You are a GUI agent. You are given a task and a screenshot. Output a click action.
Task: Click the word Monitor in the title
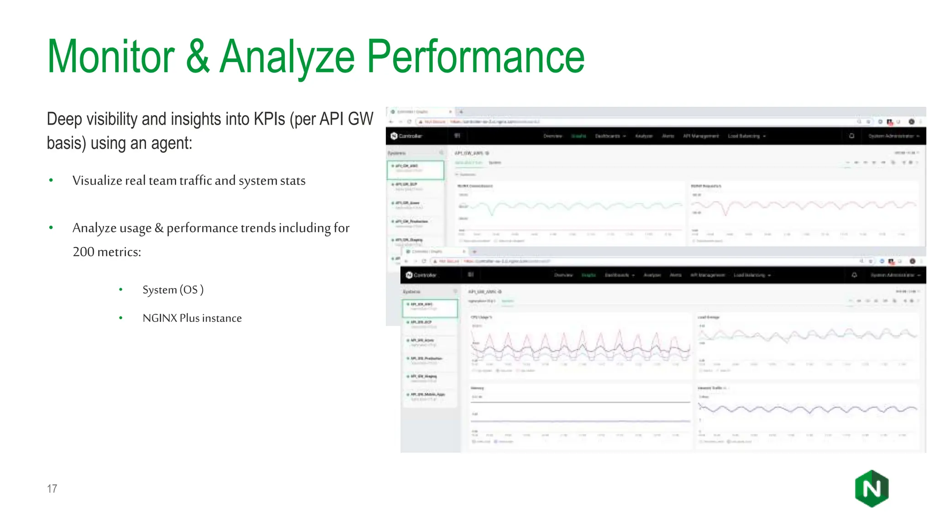tap(111, 57)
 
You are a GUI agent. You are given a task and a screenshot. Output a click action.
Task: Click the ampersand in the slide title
tap(198, 57)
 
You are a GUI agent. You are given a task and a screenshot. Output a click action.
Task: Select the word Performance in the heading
tap(475, 57)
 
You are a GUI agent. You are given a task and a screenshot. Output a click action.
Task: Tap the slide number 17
tap(52, 489)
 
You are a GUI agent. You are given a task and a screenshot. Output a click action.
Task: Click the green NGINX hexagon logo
tap(872, 489)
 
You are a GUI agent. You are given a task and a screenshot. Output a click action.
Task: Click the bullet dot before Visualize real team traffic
tap(51, 180)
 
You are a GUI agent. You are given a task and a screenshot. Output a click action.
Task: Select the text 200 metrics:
tap(107, 252)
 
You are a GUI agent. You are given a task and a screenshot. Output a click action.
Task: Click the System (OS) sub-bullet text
tap(173, 289)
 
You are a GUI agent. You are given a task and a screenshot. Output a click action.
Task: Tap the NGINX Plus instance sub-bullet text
tap(192, 318)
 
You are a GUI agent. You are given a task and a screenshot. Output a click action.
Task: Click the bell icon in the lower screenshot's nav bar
tap(854, 275)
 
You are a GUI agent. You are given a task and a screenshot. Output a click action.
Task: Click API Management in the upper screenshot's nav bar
tap(701, 136)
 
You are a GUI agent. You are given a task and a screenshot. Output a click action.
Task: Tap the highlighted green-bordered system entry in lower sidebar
tap(429, 308)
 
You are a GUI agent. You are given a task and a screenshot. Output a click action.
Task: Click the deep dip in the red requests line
tap(726, 213)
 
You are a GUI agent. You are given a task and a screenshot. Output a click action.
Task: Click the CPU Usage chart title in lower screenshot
tap(481, 317)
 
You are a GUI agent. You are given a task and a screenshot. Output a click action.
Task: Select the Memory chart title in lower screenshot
tap(477, 388)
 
